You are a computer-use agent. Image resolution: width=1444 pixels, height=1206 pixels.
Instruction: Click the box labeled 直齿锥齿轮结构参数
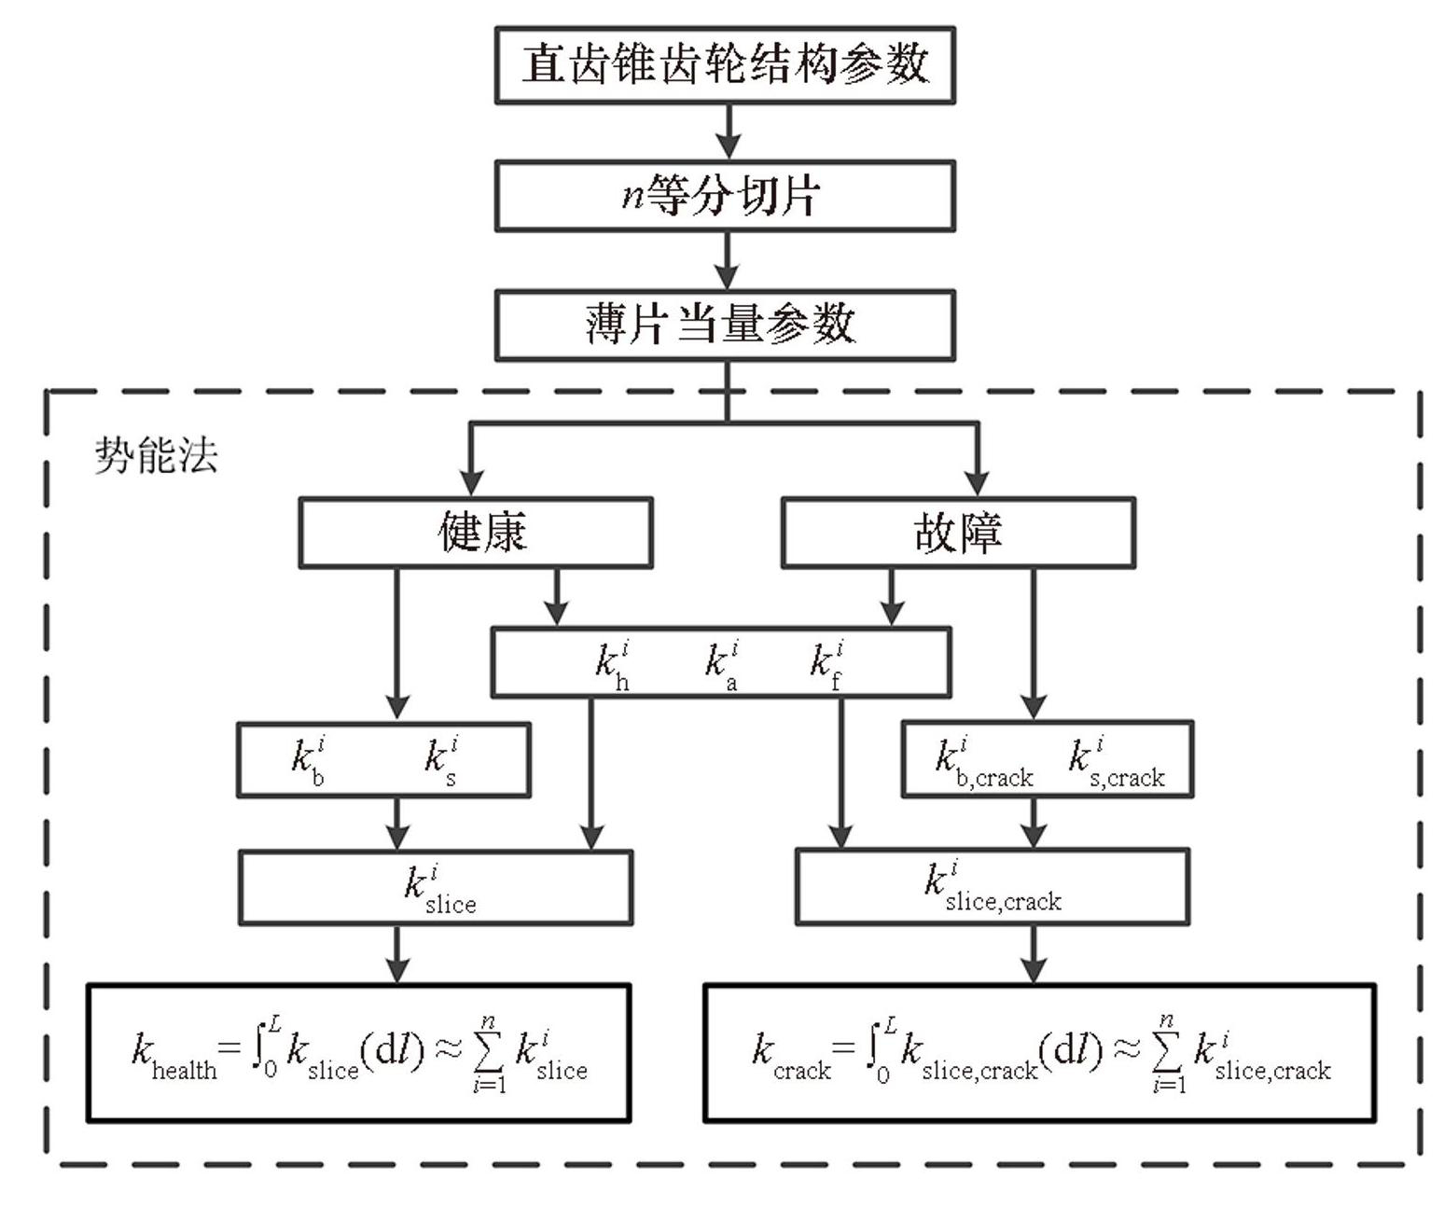(725, 64)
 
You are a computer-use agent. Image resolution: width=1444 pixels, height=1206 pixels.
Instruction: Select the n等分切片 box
(725, 196)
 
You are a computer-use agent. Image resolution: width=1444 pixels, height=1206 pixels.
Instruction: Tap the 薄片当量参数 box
(725, 325)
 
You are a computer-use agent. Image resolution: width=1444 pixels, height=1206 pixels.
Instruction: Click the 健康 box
(476, 533)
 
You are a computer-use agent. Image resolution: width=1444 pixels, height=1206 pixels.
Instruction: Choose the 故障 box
(958, 533)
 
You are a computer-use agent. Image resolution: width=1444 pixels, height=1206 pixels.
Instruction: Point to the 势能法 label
(156, 456)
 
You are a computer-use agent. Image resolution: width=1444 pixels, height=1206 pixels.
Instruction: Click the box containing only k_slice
(436, 887)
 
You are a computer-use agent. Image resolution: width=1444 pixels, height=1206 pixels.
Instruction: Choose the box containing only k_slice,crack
(992, 886)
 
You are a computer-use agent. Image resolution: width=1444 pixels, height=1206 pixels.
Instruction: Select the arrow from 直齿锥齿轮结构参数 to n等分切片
(728, 132)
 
